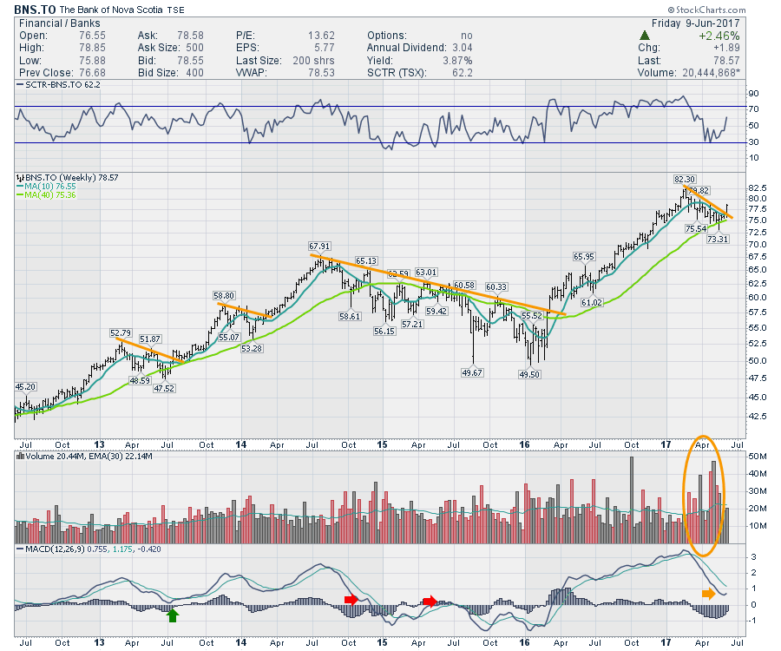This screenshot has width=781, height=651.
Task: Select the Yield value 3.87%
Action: (x=455, y=61)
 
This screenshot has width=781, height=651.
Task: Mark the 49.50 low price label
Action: (x=529, y=373)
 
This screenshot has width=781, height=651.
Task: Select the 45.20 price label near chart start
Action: (x=26, y=386)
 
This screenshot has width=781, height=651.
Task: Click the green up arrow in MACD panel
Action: (x=173, y=615)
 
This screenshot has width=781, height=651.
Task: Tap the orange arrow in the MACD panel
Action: (x=708, y=594)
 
